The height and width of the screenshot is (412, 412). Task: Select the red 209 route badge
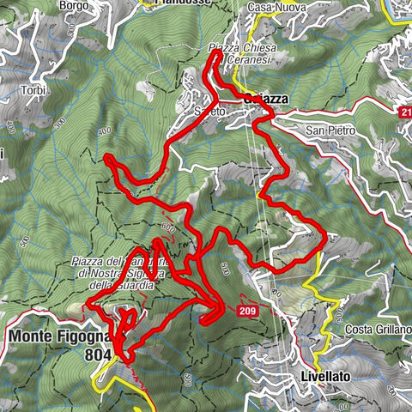tap(248, 311)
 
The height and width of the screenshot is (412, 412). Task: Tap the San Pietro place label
tap(326, 130)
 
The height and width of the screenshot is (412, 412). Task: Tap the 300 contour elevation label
tap(58, 123)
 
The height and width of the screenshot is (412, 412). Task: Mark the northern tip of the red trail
tap(214, 53)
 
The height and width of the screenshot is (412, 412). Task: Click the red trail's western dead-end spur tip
tap(106, 157)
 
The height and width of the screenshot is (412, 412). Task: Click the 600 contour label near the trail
tap(167, 228)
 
